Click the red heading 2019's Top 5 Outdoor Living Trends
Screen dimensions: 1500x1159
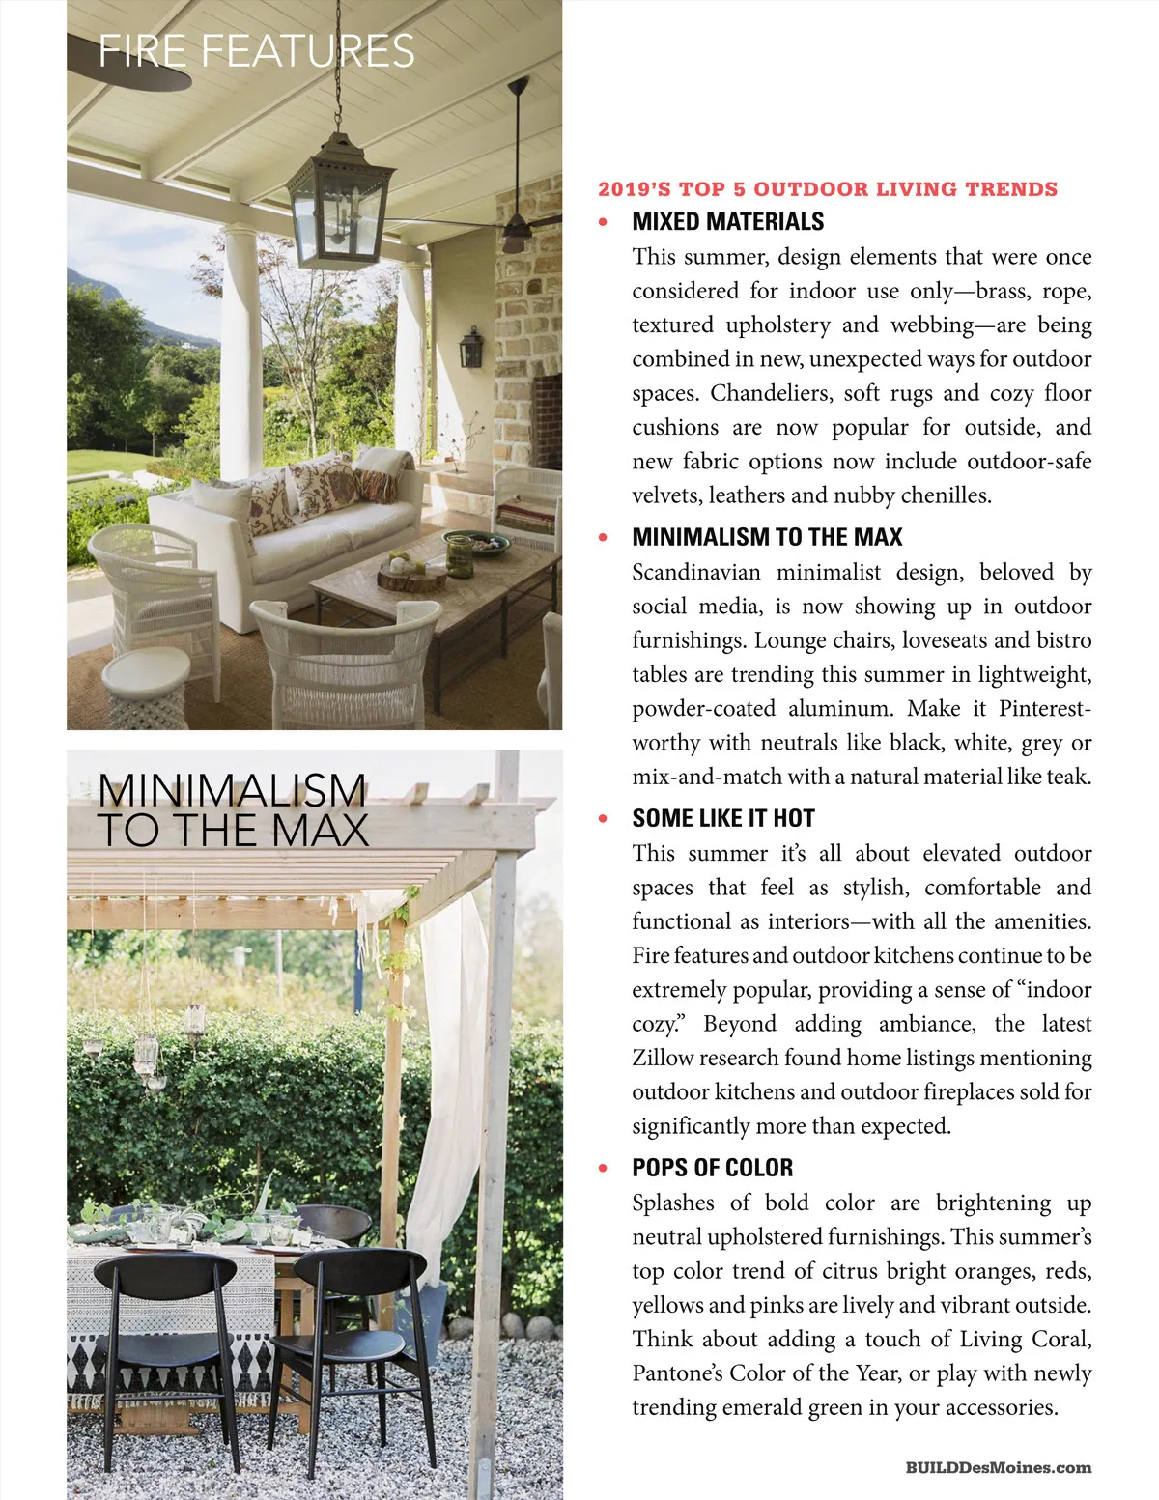point(828,189)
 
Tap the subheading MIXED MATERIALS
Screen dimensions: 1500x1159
point(727,222)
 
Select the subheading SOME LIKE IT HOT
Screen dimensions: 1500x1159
point(723,819)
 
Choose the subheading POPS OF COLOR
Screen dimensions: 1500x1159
point(713,1168)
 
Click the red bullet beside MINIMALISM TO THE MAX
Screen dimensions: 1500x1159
point(604,537)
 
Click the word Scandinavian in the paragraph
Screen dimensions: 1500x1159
point(696,573)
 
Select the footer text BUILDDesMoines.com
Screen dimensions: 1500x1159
point(999,1468)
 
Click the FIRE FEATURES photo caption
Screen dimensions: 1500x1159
point(257,50)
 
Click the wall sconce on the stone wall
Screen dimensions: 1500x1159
point(471,348)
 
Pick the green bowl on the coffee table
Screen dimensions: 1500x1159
point(476,544)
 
